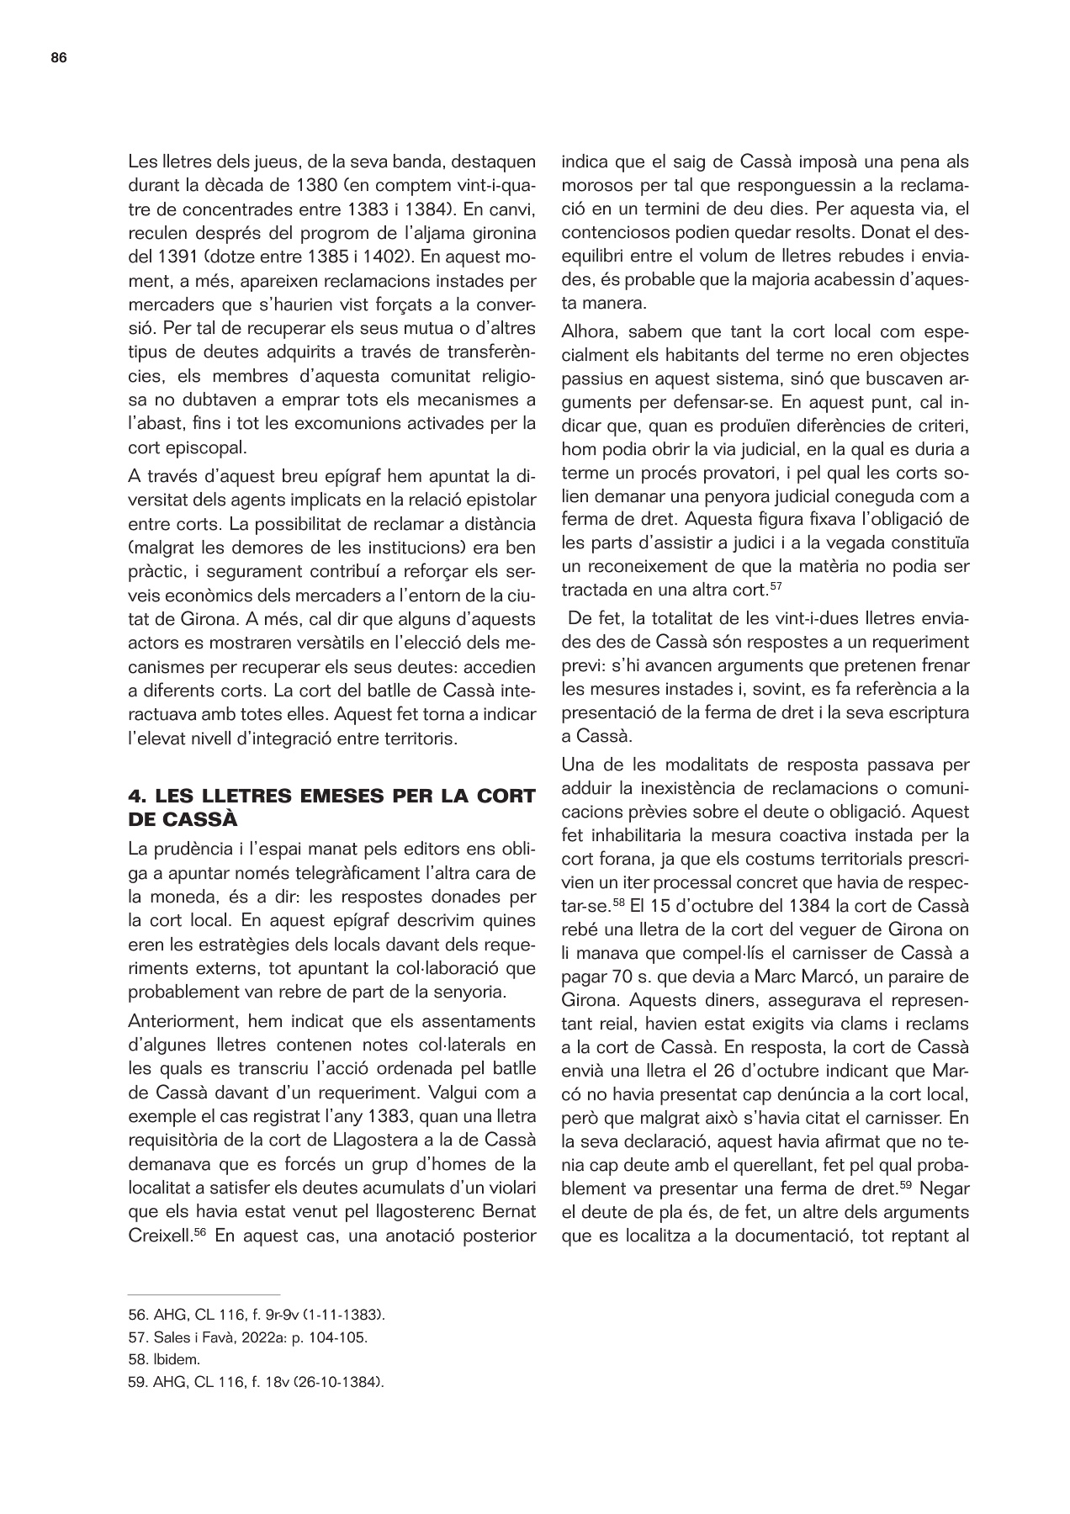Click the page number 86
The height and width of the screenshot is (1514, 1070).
58,58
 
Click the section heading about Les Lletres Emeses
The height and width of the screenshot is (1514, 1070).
331,806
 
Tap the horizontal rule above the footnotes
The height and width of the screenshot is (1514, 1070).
204,1294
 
